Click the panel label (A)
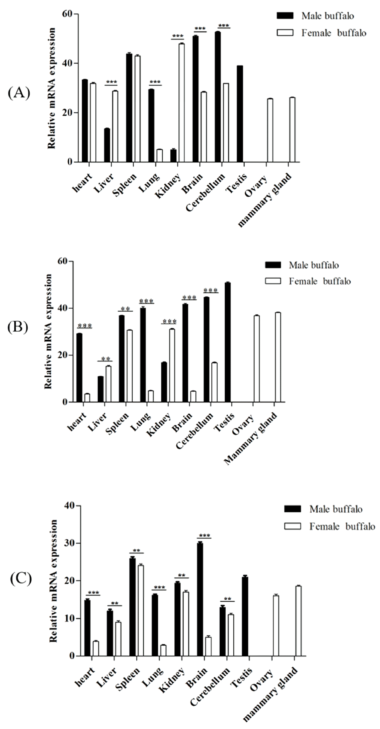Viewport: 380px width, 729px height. coord(19,93)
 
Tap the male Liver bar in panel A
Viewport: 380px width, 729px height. coord(107,145)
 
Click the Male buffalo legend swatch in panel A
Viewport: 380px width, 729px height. coord(285,16)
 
